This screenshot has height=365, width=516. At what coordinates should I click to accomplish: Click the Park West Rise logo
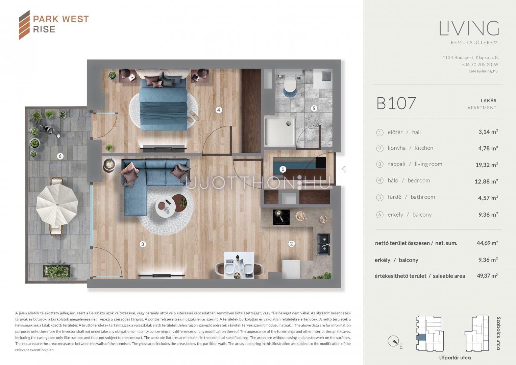[54, 25]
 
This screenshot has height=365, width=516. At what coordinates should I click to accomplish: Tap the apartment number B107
[396, 103]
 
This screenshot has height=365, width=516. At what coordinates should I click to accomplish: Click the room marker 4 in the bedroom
[219, 110]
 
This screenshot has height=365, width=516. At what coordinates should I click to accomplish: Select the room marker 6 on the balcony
[60, 156]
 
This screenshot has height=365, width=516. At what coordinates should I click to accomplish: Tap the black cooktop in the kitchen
[281, 217]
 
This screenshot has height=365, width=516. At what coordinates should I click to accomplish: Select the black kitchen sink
[323, 244]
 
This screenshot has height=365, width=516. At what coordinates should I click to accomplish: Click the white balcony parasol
[57, 204]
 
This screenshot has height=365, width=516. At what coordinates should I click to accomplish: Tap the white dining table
[239, 265]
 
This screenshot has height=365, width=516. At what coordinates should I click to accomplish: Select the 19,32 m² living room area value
[487, 165]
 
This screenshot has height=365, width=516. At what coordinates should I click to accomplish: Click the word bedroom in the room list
[419, 180]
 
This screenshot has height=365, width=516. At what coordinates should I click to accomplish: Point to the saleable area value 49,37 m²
[487, 275]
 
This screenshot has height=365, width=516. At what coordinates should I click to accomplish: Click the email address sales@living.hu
[483, 71]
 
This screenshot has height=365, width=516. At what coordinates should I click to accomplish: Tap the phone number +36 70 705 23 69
[480, 65]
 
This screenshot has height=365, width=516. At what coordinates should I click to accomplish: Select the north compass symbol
[393, 341]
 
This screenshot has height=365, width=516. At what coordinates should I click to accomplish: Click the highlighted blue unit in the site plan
[421, 337]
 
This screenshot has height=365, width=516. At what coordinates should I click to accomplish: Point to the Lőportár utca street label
[455, 358]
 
